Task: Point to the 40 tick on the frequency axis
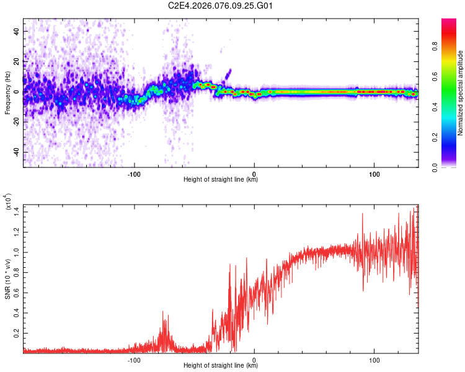(x=17, y=31)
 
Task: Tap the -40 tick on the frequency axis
(x=15, y=153)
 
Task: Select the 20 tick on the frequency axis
(x=17, y=61)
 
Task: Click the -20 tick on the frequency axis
(x=15, y=122)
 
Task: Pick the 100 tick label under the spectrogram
(x=374, y=174)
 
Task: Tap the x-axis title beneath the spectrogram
(x=221, y=180)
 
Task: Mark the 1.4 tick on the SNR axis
(x=17, y=212)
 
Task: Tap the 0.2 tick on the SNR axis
(x=17, y=333)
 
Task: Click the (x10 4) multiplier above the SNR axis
(x=10, y=203)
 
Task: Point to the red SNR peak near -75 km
(x=164, y=312)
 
